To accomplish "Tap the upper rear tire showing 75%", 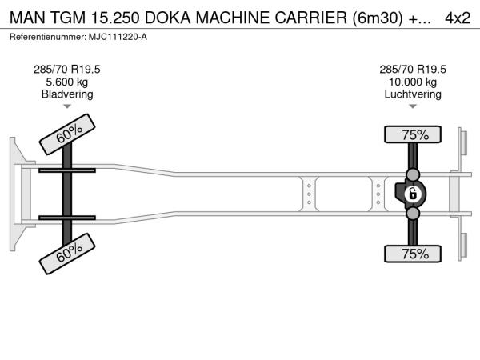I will pos(414,134).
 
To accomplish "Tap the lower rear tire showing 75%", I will pos(414,254).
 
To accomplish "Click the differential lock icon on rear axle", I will pos(413,194).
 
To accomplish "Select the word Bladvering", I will pos(67,94).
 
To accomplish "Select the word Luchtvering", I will pos(413,94).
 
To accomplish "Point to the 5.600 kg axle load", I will pos(67,82).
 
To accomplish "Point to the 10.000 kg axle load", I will pos(413,82).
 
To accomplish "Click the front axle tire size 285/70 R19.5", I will pos(67,69).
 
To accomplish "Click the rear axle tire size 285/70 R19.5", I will pos(413,69).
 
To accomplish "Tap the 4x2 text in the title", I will pos(458,18).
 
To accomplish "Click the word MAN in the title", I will pos(26,18).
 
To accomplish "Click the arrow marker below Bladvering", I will pos(67,106).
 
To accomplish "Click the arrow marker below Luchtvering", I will pos(413,106).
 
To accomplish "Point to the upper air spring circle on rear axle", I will pos(414,174).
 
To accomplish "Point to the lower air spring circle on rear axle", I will pos(414,214).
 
